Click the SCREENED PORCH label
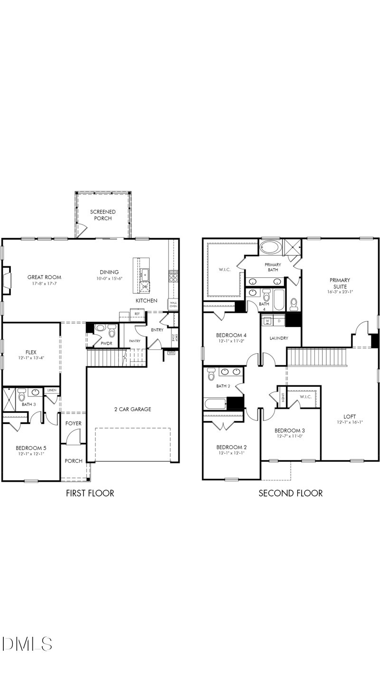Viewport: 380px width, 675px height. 101,215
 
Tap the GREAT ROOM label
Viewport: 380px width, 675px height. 44,277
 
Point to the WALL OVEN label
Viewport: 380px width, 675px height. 173,304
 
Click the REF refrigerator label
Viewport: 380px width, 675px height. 137,314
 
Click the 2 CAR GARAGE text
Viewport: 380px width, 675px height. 133,409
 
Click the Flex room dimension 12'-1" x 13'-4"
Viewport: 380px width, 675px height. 30,345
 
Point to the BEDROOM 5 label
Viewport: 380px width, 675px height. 31,448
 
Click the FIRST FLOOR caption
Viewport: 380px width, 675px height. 90,493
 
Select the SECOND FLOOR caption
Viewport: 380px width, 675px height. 290,493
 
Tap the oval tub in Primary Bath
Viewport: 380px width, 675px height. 270,248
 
